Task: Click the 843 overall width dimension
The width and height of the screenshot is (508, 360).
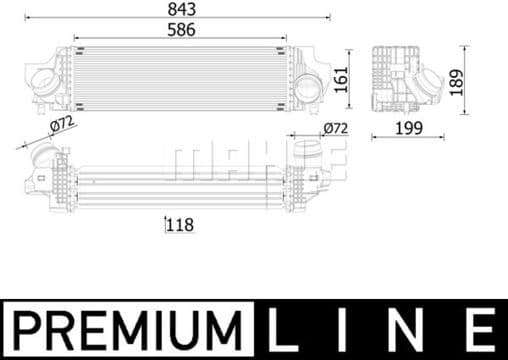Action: tap(181, 9)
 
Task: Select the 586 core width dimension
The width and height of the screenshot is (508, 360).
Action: tap(181, 30)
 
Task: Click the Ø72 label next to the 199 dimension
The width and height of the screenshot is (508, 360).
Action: tap(334, 128)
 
